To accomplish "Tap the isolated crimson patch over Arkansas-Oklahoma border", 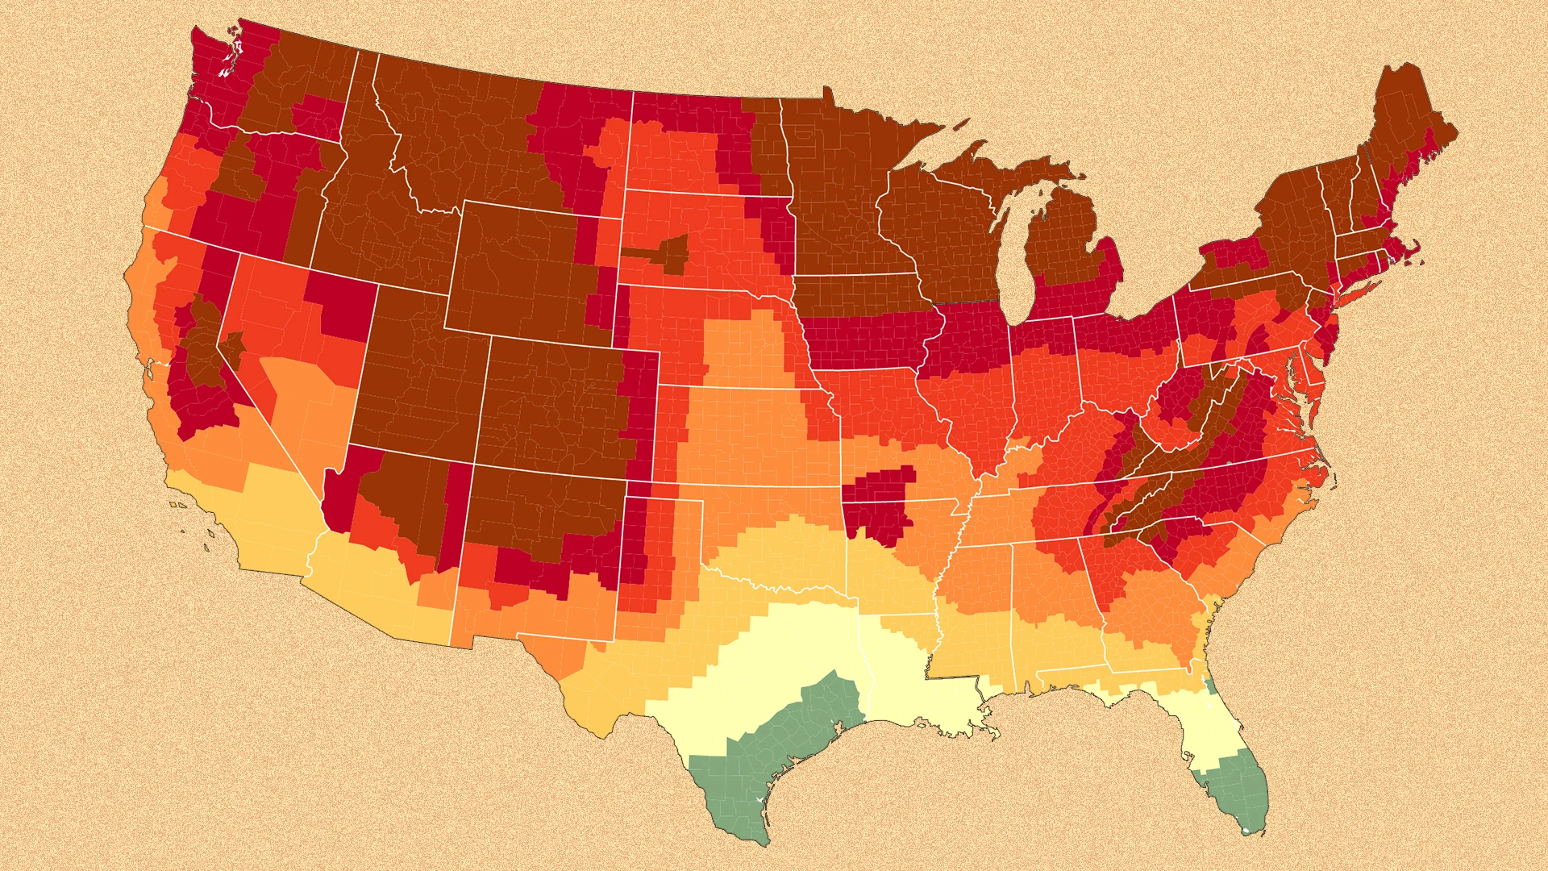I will pos(879,500).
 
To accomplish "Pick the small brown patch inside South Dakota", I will pos(665,254).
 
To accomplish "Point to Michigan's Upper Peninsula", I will pos(1008,173).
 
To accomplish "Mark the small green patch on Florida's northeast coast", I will pos(1210,686).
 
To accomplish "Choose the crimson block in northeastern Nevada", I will pos(343,306).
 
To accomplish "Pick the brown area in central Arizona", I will pos(403,500).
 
